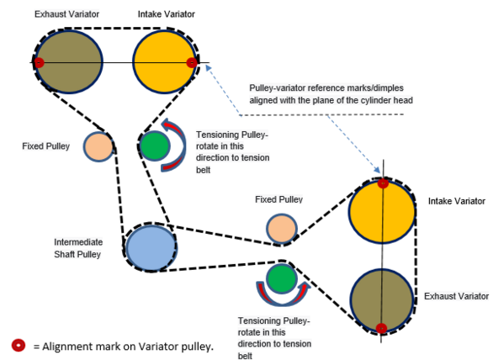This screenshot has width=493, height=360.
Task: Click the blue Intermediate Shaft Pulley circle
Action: click(151, 247)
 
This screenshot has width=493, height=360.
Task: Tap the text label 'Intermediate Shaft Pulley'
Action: click(78, 248)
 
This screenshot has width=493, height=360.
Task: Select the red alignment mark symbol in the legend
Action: click(19, 345)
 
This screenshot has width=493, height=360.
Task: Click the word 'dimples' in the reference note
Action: click(388, 88)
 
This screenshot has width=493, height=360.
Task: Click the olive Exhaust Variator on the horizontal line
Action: click(69, 61)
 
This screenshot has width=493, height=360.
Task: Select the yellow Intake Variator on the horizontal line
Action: click(165, 61)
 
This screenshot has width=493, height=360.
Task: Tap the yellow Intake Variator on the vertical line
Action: click(382, 211)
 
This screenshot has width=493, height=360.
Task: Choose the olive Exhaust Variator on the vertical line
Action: click(382, 300)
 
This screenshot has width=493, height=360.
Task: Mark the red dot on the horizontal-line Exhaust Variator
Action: click(39, 62)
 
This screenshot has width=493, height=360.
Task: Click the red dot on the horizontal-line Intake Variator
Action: click(192, 62)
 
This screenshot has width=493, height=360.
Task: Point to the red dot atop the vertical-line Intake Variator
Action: click(383, 183)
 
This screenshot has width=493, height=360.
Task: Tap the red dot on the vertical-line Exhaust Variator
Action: click(381, 328)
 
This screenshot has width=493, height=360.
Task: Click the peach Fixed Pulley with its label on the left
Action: click(98, 147)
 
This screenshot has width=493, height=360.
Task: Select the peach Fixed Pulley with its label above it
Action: click(282, 229)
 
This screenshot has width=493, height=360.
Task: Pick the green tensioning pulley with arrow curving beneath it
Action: click(282, 279)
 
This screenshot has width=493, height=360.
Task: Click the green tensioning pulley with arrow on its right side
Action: click(154, 146)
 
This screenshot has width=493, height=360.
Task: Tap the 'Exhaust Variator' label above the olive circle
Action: click(66, 14)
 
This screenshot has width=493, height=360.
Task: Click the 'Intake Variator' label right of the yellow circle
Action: click(457, 201)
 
